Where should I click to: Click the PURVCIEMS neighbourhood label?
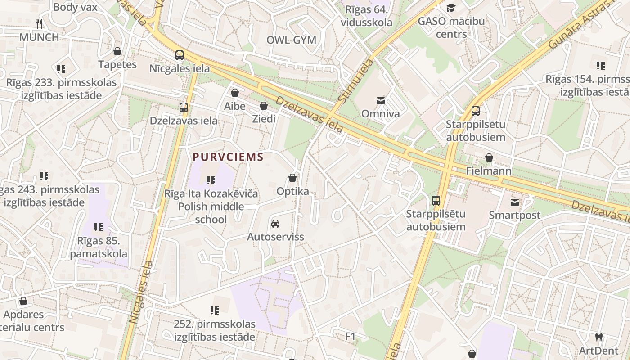[228, 157]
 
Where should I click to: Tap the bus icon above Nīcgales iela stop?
[180, 55]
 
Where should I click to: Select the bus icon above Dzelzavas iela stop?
[184, 108]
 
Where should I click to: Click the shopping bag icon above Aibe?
[234, 93]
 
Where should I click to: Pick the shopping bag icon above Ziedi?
[264, 106]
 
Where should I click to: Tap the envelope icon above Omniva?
[381, 100]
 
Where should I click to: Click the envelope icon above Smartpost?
[514, 202]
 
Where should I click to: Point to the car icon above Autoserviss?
[275, 224]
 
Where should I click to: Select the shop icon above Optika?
[292, 178]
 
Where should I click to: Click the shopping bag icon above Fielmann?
[489, 157]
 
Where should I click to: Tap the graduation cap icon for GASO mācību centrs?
[451, 8]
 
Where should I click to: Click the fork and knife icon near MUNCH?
[39, 23]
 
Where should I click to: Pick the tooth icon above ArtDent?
[598, 337]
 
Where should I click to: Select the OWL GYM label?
[291, 40]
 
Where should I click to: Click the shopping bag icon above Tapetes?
[117, 51]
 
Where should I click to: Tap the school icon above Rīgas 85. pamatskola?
[99, 227]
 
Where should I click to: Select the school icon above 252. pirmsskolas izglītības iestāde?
[215, 310]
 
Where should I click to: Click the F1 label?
[350, 336]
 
